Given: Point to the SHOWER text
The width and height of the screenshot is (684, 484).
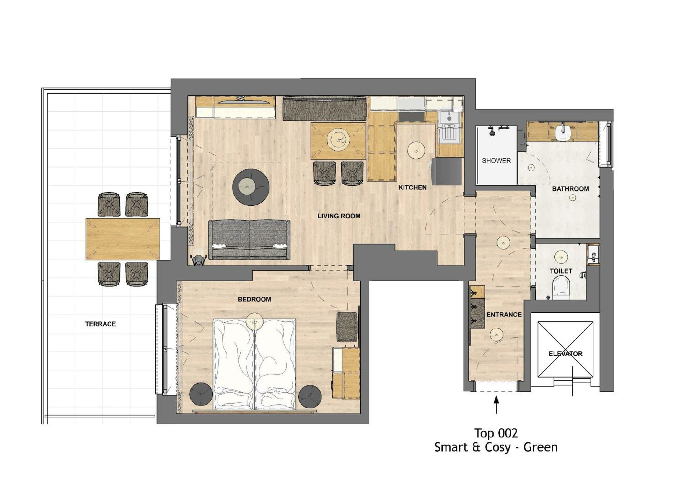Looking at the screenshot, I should (x=496, y=160).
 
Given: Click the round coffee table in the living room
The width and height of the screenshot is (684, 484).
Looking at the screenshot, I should (x=251, y=187).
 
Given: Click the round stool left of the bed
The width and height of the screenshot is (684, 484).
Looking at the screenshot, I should (x=201, y=394).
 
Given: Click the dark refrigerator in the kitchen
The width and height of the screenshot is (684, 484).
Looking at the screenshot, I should (x=448, y=171).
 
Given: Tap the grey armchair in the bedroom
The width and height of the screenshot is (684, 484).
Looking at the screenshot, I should (x=347, y=327).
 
